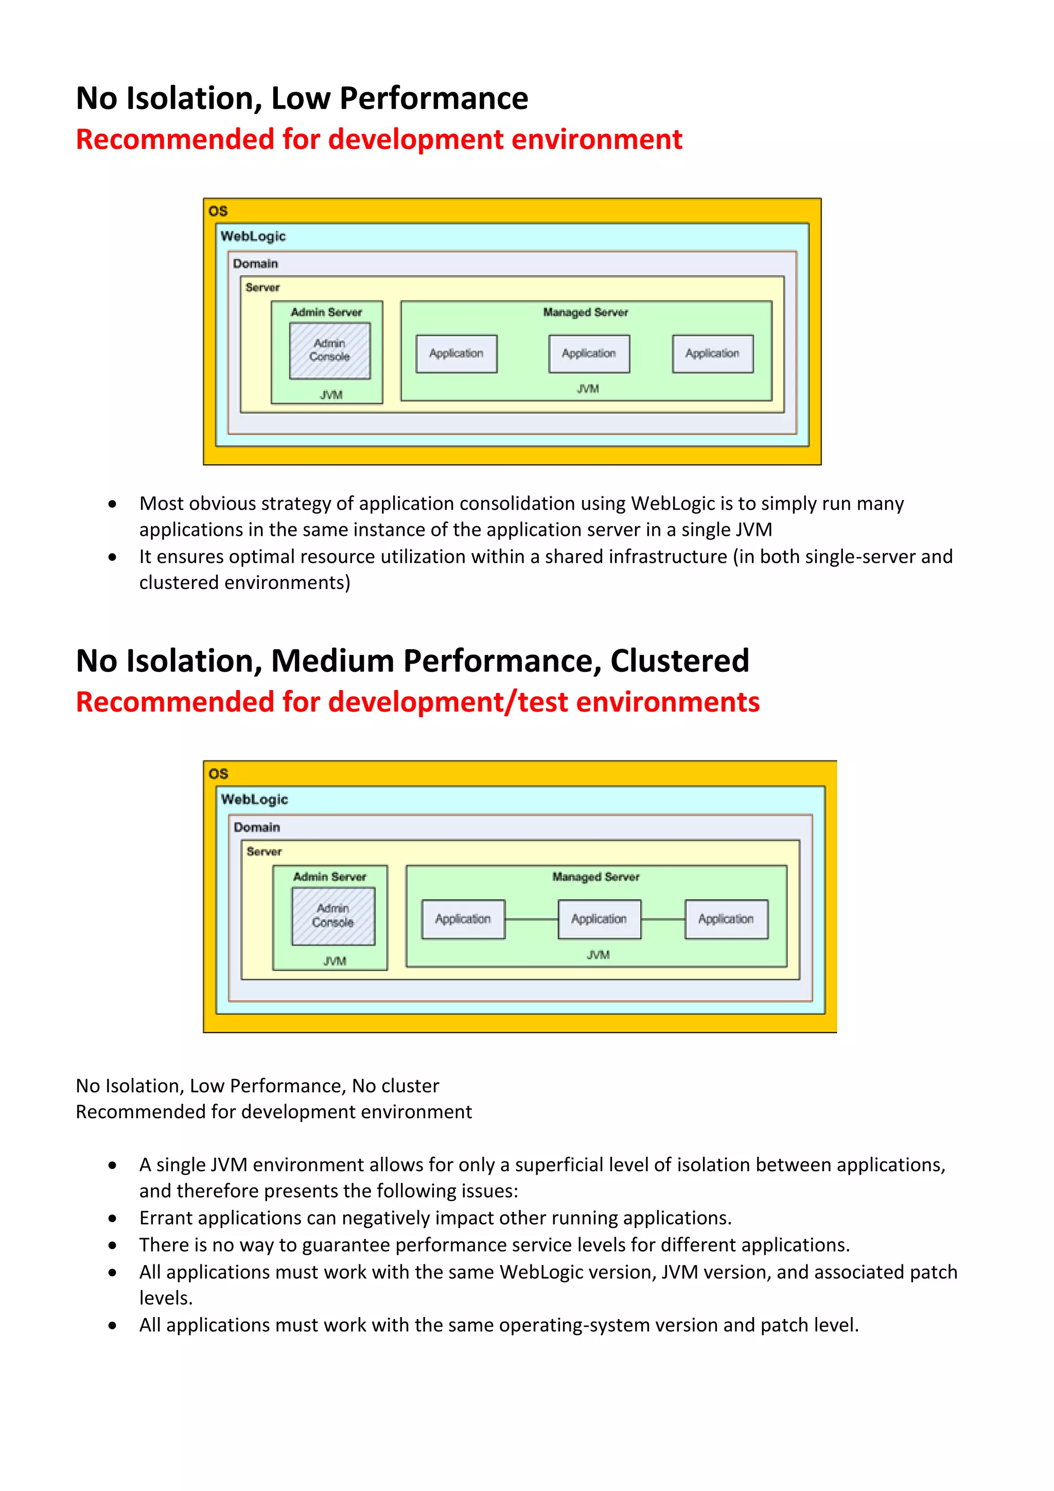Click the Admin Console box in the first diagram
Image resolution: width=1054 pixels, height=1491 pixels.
pos(330,351)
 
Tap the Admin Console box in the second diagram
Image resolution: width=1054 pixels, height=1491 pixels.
pos(333,915)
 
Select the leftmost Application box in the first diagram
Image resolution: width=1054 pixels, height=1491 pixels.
pos(456,354)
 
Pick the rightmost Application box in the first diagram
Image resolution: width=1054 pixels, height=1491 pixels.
pos(713,354)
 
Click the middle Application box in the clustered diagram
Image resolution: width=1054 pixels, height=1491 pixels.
pos(599,919)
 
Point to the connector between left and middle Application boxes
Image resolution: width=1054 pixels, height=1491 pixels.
pos(532,919)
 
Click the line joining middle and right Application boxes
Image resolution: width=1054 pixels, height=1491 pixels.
pos(663,919)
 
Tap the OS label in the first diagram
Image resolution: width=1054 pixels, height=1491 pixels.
pos(218,211)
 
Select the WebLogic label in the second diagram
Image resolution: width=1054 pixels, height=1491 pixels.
pos(254,800)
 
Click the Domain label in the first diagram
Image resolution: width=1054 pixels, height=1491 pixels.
pos(255,264)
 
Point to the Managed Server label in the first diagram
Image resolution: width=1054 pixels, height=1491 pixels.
pos(585,313)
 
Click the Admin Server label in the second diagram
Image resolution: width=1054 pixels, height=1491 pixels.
pos(330,877)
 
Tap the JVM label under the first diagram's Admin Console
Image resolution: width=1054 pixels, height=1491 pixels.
pos(331,395)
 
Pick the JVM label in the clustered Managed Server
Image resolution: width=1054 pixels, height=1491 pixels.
pos(598,955)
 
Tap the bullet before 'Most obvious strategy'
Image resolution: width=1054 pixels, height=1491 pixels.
pos(113,504)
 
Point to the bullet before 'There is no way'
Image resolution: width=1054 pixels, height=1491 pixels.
pos(113,1245)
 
